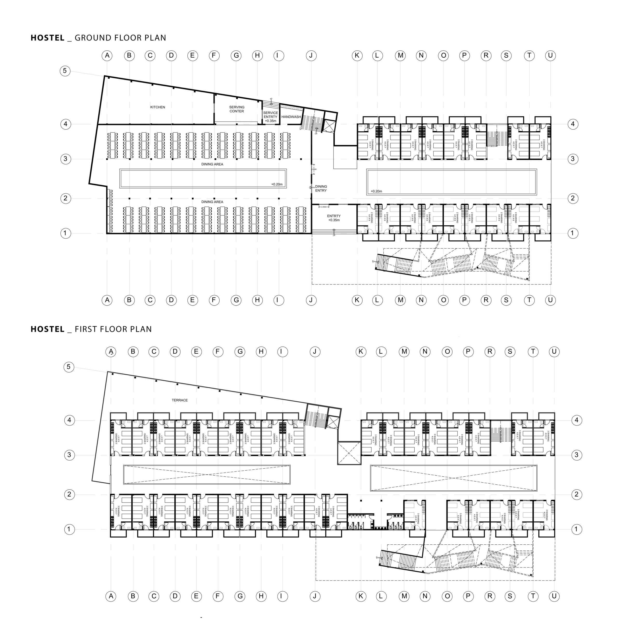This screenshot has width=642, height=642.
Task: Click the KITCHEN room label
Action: click(x=158, y=107)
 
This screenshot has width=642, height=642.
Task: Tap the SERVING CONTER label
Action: click(x=236, y=109)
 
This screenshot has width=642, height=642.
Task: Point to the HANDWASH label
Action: click(x=291, y=117)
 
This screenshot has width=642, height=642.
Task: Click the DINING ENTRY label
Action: click(x=321, y=188)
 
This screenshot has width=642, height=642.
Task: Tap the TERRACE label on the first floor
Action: click(x=180, y=400)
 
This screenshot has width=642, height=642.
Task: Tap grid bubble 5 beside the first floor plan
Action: click(x=69, y=367)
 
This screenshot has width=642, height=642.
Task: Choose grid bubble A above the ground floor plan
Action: click(x=107, y=56)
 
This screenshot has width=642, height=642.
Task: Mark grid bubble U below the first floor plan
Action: click(x=554, y=596)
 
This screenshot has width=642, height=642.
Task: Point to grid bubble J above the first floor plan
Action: click(x=315, y=351)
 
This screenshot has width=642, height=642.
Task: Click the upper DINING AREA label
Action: click(x=212, y=164)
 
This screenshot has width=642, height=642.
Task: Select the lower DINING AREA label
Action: click(x=212, y=202)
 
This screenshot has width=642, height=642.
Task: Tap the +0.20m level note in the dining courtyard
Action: click(x=277, y=184)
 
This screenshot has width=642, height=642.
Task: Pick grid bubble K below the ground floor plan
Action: click(x=357, y=300)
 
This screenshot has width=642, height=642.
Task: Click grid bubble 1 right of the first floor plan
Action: click(x=577, y=529)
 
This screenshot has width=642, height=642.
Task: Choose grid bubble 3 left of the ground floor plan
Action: click(x=65, y=159)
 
